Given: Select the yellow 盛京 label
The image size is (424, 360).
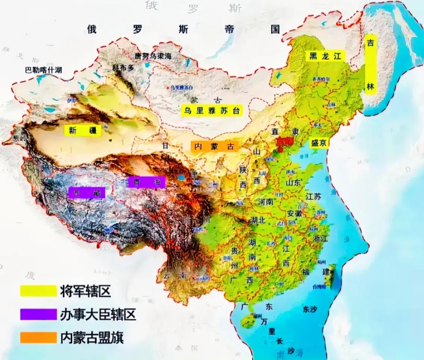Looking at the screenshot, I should (x=318, y=143).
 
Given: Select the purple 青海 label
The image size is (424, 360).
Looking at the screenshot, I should (x=147, y=182).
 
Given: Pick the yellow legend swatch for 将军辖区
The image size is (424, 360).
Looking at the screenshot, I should (x=38, y=289).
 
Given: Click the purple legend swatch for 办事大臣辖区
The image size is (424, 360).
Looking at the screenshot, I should (x=38, y=314).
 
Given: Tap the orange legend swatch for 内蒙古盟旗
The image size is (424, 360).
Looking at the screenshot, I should (x=38, y=337).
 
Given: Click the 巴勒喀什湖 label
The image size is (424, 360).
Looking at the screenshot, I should (x=43, y=70).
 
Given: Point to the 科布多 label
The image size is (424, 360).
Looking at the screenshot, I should (x=124, y=68).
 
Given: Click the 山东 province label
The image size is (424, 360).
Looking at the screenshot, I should (x=292, y=183).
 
